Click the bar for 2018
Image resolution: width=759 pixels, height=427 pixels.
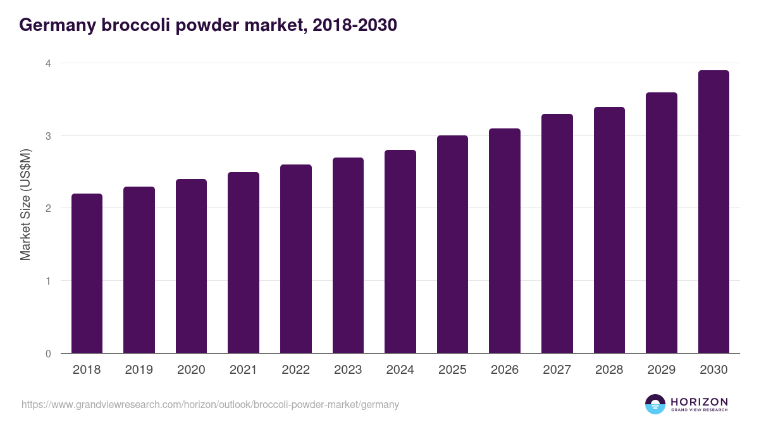click(x=87, y=273)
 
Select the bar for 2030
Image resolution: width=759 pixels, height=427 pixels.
click(x=713, y=212)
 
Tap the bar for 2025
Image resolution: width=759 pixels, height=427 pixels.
click(x=452, y=244)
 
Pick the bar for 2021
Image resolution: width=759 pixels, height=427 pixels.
click(x=244, y=263)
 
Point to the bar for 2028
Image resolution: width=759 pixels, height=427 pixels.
click(x=609, y=230)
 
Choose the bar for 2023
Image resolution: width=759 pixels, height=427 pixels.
click(x=348, y=256)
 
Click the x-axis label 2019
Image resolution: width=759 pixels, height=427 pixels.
click(x=139, y=370)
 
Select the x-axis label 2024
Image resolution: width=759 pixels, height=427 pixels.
click(x=400, y=370)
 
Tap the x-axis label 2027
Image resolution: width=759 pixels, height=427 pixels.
click(x=557, y=370)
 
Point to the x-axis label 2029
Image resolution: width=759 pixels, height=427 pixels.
click(x=661, y=370)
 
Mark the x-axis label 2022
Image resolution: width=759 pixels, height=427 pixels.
click(x=295, y=370)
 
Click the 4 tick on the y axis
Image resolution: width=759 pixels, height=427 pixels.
click(x=47, y=63)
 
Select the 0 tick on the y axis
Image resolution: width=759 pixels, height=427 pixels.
click(x=47, y=354)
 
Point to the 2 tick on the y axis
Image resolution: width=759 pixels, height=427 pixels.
click(x=47, y=208)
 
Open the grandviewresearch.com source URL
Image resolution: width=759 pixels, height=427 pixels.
click(x=210, y=404)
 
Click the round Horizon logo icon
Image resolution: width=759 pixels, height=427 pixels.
click(x=655, y=404)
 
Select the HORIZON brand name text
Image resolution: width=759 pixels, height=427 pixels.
click(x=699, y=402)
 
